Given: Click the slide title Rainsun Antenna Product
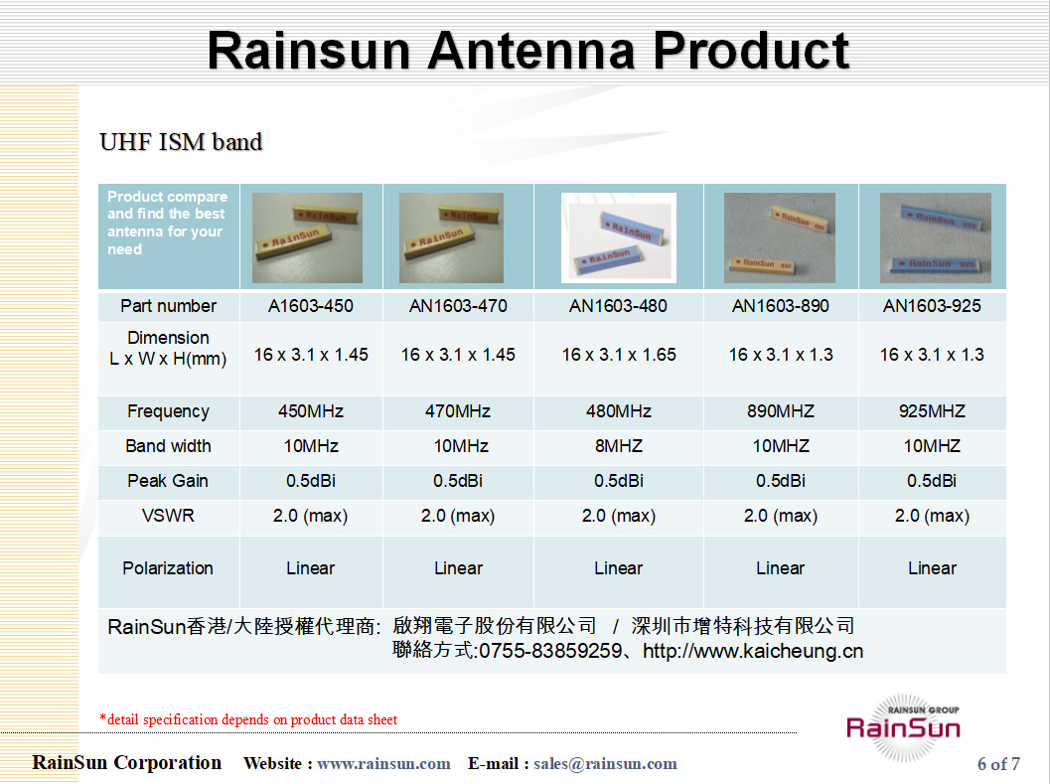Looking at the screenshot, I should coord(527,50).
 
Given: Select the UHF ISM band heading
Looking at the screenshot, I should coord(181,142).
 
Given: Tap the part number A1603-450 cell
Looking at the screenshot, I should coord(311,306).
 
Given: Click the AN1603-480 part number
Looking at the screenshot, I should coord(618,306).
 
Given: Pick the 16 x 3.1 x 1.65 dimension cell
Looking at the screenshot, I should coord(618,355).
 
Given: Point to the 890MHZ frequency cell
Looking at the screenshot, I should coord(780,411).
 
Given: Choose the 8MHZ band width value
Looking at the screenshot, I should coord(618,446).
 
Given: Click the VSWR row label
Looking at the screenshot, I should coord(168,516).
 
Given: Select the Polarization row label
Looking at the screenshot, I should coord(168,568).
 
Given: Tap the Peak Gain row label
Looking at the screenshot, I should coord(168,481).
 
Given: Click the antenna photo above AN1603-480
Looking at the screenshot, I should coord(618,237).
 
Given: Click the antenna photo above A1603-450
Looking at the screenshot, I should coord(307,237).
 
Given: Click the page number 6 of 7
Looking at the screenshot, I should coord(998,764).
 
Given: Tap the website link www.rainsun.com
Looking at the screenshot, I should coord(383,764).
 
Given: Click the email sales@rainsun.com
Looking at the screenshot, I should coord(605,764).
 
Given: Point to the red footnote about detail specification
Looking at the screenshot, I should coord(248,719).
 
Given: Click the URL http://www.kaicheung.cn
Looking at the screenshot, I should coord(753,652).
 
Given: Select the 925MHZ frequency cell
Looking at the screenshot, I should coord(932,411).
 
